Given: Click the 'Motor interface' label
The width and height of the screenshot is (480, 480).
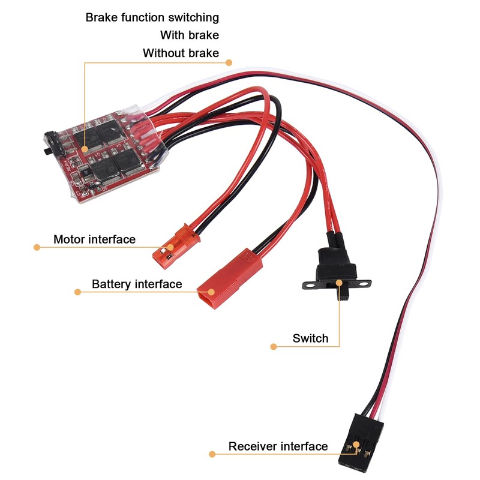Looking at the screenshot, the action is click(x=94, y=239).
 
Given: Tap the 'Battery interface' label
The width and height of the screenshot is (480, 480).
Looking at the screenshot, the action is click(x=137, y=284).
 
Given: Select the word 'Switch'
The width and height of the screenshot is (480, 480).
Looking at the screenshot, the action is click(x=310, y=338).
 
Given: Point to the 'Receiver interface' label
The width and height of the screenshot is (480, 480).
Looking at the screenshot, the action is click(x=278, y=446).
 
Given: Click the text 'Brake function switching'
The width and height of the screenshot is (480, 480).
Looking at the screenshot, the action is click(x=152, y=17).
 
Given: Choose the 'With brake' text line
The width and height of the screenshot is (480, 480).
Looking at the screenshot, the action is click(x=190, y=35).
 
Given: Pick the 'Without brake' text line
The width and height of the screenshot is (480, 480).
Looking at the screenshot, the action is click(x=181, y=53).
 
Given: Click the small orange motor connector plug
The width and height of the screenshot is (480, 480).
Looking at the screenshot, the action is click(x=176, y=247).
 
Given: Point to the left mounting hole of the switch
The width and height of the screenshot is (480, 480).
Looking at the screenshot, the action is click(x=311, y=286).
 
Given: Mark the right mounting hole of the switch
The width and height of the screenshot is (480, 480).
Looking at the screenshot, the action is click(x=363, y=284).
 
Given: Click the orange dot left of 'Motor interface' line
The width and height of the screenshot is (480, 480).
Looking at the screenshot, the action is click(x=37, y=247).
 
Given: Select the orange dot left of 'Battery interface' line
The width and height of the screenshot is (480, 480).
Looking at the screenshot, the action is click(x=77, y=292).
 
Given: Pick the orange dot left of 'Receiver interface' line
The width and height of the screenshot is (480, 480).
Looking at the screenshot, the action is click(x=212, y=454).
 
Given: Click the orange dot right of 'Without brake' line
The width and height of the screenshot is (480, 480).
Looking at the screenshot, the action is click(x=229, y=63).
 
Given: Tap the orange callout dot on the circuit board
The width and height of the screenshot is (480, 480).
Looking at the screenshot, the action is click(x=85, y=149).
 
